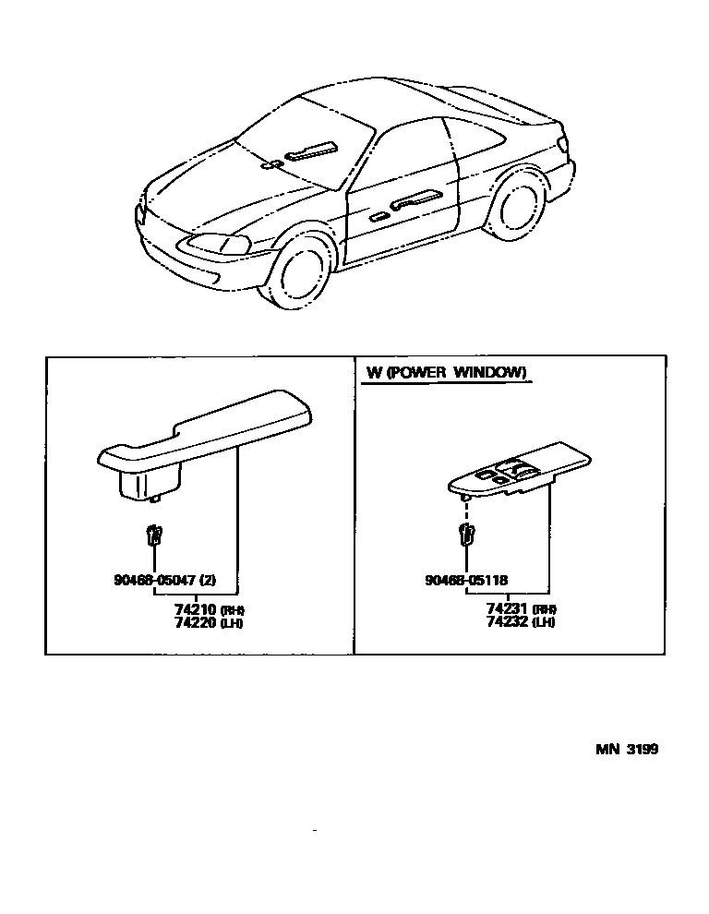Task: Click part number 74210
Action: [x=194, y=610]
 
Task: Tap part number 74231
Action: [x=507, y=610]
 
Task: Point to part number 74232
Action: [x=507, y=622]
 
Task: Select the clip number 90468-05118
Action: [x=466, y=581]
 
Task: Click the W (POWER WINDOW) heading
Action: [x=447, y=373]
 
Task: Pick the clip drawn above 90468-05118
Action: [x=467, y=533]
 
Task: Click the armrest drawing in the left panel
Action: [x=208, y=434]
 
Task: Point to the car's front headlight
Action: [x=219, y=244]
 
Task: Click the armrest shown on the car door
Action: [x=416, y=199]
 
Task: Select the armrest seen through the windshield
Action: [x=310, y=150]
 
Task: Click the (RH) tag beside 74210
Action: [x=234, y=611]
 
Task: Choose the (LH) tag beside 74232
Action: [x=546, y=623]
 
